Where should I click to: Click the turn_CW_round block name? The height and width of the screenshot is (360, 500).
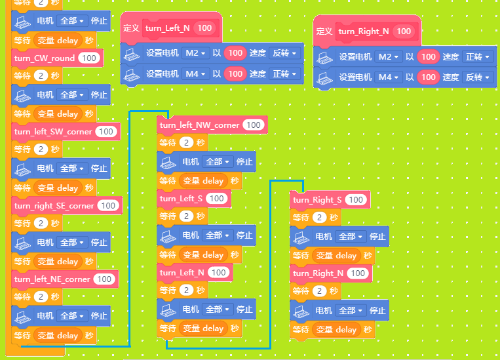[45, 58]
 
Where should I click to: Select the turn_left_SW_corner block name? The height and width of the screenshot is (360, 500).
[53, 132]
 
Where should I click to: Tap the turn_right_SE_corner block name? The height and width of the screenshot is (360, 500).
[54, 206]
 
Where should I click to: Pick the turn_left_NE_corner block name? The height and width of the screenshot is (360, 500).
[52, 279]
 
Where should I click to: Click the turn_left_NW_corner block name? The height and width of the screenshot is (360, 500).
[199, 125]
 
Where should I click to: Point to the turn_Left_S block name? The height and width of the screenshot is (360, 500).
[181, 199]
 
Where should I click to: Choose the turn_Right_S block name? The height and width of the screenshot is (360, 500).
[317, 200]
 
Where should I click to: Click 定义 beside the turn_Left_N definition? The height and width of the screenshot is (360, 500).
[131, 28]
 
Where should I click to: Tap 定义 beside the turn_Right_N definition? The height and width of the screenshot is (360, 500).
[324, 31]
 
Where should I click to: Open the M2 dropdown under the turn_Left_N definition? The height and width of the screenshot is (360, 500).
[195, 53]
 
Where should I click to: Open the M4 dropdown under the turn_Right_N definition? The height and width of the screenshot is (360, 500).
[388, 77]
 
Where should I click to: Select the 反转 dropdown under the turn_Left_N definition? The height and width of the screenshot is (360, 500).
[284, 53]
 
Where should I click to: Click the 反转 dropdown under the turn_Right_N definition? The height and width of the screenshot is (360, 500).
[477, 77]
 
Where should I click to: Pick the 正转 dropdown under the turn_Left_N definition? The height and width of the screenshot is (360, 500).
[284, 74]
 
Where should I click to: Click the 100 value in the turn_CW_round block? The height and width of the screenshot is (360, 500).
[89, 58]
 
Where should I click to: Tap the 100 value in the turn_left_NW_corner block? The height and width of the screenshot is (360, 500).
[254, 125]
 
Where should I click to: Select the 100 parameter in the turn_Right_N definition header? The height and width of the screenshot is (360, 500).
[404, 31]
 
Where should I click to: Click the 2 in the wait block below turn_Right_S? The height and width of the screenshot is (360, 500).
[319, 218]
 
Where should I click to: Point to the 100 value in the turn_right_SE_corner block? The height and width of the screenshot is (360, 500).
[108, 206]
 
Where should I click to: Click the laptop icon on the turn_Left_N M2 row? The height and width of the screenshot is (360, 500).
[132, 54]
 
